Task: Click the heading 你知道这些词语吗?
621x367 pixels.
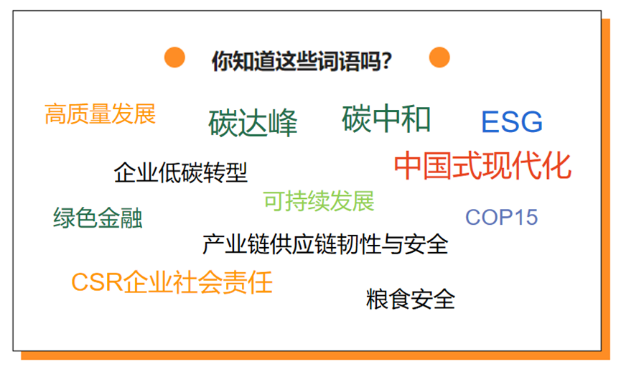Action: [x=302, y=61]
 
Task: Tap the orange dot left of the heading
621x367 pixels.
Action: [x=174, y=57]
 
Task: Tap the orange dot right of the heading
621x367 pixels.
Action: [x=439, y=57]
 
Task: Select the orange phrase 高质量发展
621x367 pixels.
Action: [x=101, y=113]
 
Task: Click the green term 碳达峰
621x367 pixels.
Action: [x=253, y=123]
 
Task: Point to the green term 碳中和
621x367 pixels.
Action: [x=386, y=119]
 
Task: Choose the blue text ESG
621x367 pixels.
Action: [x=512, y=121]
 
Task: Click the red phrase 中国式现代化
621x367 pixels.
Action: [x=482, y=165]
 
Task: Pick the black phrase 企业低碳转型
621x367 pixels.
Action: [x=181, y=172]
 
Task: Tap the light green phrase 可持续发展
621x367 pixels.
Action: [x=319, y=201]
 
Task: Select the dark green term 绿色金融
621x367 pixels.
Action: [x=98, y=218]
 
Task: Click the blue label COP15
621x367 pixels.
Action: [x=501, y=217]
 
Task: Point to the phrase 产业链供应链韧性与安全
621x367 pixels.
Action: [x=325, y=243]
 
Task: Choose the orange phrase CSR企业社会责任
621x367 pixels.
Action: [x=172, y=282]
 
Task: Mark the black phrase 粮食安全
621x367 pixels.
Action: [x=411, y=299]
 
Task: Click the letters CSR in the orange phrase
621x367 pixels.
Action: [x=97, y=282]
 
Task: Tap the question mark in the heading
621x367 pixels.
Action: [x=387, y=61]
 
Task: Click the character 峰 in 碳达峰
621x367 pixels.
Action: [x=282, y=123]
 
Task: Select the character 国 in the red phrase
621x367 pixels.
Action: [x=439, y=165]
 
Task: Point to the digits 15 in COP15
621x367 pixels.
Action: [x=525, y=217]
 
